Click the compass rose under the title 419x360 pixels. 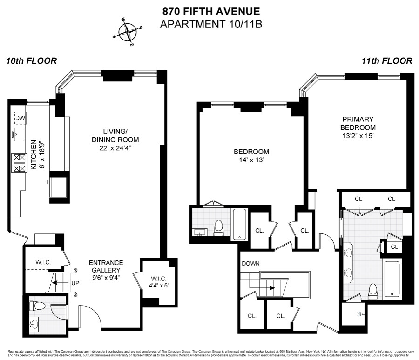coord(127,32)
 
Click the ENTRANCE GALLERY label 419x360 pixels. coord(106,266)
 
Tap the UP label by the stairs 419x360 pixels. coord(74,282)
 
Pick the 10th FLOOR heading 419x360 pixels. coord(32,61)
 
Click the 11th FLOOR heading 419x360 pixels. coord(386,61)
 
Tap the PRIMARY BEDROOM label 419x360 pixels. coord(358,123)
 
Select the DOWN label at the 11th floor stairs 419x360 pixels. coord(250,263)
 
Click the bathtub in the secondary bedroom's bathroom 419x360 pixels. coord(240,224)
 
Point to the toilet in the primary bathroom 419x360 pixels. coord(372,292)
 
